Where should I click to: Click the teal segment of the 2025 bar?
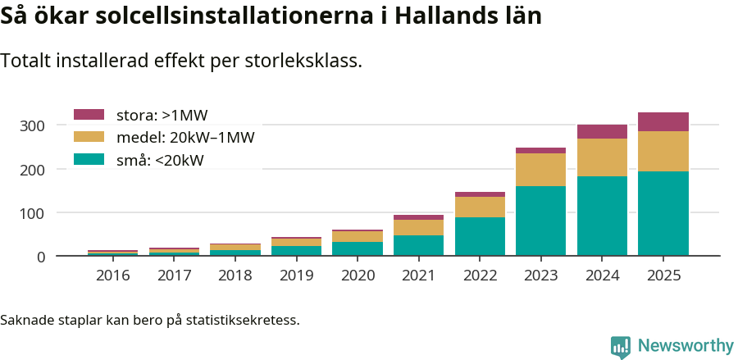663,213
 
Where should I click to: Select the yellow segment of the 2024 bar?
602,157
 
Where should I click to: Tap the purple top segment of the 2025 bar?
663,121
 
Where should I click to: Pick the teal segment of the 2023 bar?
540,221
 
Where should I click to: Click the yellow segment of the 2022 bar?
480,207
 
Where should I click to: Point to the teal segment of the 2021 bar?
418,245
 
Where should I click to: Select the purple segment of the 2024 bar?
602,131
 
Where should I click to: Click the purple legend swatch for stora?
89,115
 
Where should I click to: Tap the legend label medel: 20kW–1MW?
185,137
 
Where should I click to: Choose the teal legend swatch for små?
89,159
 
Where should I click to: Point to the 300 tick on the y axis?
33,125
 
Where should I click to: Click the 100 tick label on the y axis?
33,213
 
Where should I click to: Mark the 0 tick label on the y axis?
39,257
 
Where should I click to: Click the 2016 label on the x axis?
112,275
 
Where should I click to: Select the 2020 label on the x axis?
358,275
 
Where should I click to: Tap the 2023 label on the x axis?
540,275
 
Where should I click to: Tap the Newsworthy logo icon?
621,347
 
